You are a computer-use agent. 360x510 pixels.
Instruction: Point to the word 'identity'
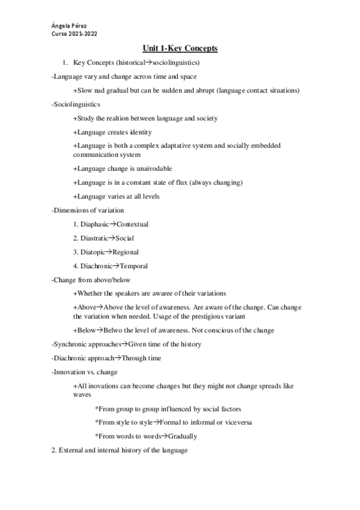139,132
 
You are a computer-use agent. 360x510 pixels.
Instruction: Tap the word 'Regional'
126,252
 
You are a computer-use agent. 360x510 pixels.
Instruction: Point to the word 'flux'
179,182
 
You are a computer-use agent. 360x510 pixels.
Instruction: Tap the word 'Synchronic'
70,344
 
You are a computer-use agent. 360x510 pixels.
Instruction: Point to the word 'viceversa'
235,422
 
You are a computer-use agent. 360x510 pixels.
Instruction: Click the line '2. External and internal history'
120,450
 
